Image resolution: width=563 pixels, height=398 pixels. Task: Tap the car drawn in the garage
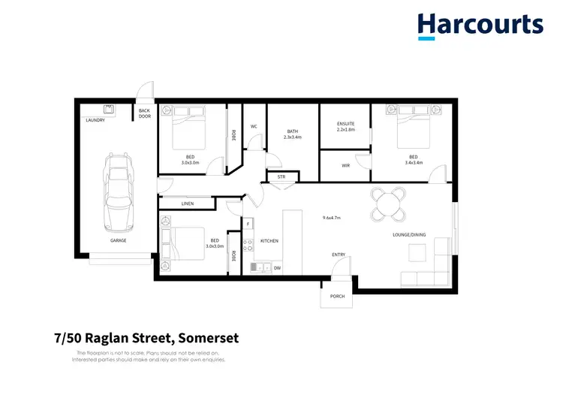(x=119, y=192)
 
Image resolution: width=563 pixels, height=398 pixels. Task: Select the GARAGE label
(x=119, y=241)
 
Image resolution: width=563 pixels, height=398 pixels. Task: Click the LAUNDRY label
(x=95, y=120)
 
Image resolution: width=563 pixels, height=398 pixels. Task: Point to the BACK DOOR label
(x=144, y=113)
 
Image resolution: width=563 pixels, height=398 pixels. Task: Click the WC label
(x=254, y=126)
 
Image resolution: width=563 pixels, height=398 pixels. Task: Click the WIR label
(x=345, y=165)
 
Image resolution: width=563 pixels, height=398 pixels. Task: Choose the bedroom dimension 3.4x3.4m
(x=413, y=161)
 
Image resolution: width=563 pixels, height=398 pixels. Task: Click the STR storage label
(x=281, y=177)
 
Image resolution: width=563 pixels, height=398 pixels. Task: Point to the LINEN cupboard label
(x=188, y=204)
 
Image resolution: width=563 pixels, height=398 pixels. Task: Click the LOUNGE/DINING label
(x=409, y=235)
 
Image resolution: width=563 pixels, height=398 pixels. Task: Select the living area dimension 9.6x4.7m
(x=331, y=218)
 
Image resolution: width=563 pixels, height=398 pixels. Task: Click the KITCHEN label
(x=269, y=241)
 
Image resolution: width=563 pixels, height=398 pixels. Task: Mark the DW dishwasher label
(x=278, y=267)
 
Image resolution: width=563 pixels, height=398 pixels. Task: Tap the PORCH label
(x=337, y=296)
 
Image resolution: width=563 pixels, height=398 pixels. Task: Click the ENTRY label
(x=339, y=255)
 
